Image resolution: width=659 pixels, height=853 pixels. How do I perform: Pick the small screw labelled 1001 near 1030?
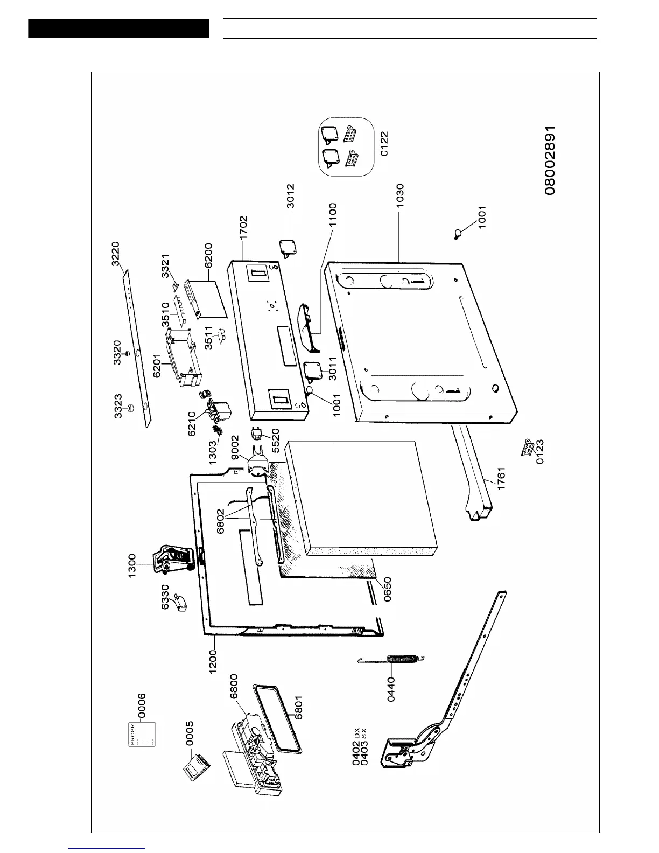click(x=459, y=234)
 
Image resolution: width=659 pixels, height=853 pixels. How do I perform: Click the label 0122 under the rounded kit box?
click(x=384, y=143)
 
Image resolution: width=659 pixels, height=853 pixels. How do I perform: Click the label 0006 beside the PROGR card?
click(x=142, y=706)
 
